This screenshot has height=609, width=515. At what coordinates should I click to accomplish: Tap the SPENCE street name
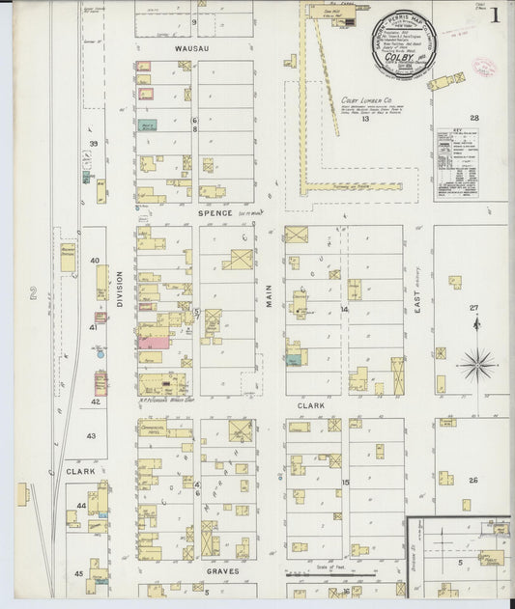(215, 213)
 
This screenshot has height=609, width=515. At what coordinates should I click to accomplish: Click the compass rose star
(475, 365)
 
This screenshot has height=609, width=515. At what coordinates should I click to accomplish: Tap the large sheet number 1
(494, 15)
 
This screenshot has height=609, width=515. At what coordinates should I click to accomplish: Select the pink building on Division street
(153, 342)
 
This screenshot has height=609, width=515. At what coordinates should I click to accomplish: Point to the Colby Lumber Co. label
(365, 98)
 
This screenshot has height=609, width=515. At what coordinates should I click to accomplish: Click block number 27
(474, 308)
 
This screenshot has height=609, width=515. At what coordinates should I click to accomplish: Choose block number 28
(474, 118)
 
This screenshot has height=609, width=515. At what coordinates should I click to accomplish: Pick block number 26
(473, 480)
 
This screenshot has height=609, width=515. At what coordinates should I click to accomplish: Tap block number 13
(366, 119)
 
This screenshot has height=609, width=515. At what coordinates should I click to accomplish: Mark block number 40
(95, 261)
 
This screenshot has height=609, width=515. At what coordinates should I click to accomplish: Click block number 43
(91, 436)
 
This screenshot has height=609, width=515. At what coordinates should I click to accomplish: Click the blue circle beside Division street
(100, 354)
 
